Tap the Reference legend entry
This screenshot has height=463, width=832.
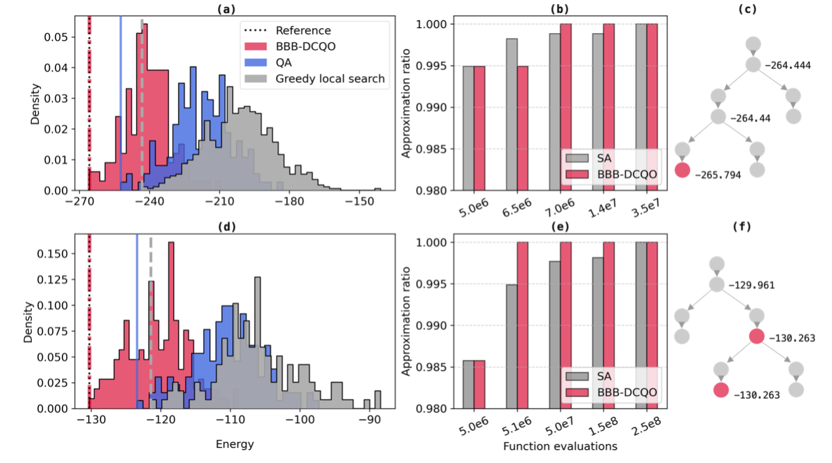(x=303, y=31)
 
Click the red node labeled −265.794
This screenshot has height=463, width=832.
(x=683, y=170)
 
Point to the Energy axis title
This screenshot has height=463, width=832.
(x=234, y=444)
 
